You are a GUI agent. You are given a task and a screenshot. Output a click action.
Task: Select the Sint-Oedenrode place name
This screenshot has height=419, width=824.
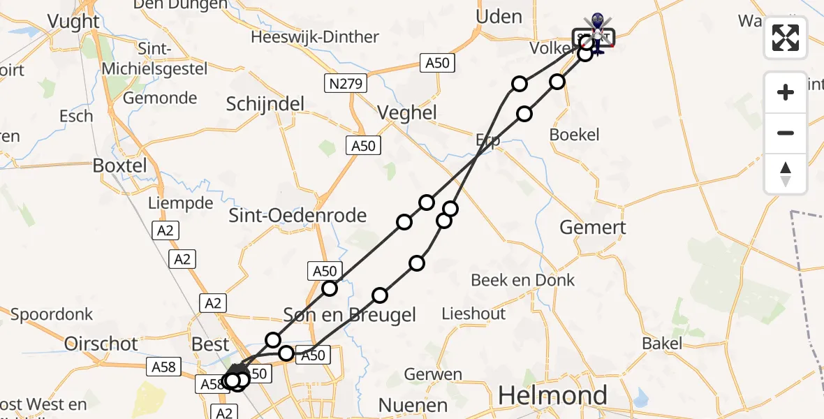click(297, 215)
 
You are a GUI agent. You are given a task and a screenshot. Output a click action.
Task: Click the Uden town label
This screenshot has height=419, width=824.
click(498, 16)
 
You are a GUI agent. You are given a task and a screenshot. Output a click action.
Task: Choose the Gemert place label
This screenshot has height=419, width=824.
click(593, 227)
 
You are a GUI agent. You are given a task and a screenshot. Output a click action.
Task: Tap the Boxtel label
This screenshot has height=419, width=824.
click(120, 166)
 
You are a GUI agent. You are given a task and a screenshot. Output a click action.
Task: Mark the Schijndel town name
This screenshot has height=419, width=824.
click(265, 104)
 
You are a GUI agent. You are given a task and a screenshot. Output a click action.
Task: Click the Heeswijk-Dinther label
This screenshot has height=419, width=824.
click(315, 37)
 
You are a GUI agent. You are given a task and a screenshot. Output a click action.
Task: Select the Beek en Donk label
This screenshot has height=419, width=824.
click(522, 280)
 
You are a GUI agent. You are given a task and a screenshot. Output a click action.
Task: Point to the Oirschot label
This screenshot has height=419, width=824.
click(101, 344)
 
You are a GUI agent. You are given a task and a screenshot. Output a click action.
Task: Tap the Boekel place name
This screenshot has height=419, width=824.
click(574, 134)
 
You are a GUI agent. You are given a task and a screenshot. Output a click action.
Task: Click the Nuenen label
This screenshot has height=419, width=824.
click(412, 404)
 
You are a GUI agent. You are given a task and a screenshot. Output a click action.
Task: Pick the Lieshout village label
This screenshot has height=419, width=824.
click(473, 314)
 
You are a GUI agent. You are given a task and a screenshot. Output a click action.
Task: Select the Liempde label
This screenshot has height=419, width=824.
click(180, 203)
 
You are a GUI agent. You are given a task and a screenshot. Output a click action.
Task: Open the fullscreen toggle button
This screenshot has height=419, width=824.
click(786, 38)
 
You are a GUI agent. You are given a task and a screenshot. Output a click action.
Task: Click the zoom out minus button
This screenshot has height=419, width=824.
click(786, 133)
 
